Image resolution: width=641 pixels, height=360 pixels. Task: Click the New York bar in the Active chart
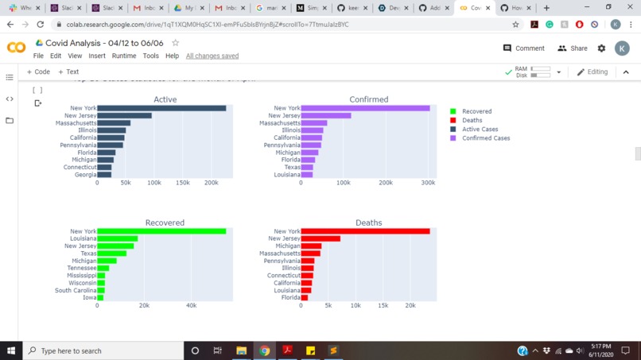click(161, 108)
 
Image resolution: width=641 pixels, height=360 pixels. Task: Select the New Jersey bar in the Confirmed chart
click(326, 116)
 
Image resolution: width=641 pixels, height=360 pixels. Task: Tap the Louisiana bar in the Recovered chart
click(117, 238)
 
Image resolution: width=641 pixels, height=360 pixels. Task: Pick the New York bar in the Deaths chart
click(365, 231)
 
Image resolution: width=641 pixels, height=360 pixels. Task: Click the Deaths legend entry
click(472, 120)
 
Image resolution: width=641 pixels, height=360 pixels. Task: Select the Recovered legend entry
click(476, 111)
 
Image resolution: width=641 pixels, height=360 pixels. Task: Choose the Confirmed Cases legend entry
click(485, 138)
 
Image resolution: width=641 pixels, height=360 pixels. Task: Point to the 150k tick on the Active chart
click(182, 183)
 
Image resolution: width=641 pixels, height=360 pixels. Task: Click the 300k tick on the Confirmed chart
click(427, 183)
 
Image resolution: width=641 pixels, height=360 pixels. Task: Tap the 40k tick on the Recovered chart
click(191, 305)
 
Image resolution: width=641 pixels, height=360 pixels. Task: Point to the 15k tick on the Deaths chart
click(383, 305)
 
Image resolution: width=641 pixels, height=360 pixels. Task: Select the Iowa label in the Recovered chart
click(89, 297)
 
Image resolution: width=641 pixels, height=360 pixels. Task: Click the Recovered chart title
click(165, 223)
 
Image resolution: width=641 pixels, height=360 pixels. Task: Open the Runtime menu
click(123, 56)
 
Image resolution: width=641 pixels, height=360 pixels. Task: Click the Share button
click(573, 48)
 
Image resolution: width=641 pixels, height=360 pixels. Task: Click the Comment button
click(524, 48)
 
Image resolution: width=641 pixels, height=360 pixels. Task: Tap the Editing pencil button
click(592, 72)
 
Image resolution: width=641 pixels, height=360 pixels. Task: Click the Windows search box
click(103, 350)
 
